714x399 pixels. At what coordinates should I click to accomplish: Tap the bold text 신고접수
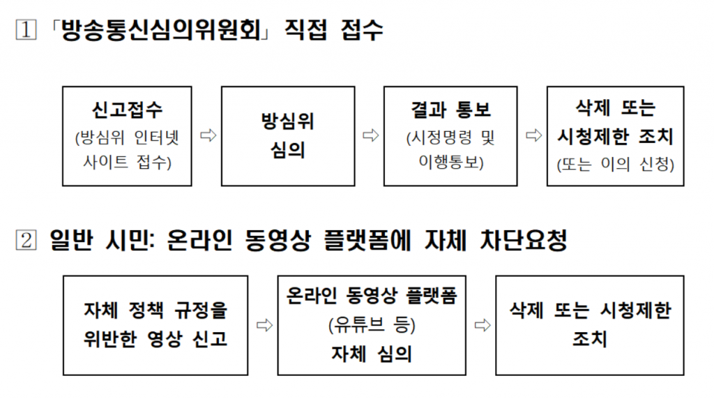127,110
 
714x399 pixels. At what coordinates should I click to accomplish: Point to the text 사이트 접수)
127,163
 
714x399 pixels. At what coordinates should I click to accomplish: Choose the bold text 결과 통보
450,110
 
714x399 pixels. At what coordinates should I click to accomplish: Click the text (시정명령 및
450,137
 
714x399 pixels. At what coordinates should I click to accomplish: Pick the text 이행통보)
450,163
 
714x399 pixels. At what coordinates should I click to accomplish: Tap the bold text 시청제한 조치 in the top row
616,137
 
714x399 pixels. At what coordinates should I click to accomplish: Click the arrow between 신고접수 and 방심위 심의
207,136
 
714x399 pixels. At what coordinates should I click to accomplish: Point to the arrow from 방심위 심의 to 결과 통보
370,136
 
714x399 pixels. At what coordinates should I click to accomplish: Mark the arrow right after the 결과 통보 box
533,136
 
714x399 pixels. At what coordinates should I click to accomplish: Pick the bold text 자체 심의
371,354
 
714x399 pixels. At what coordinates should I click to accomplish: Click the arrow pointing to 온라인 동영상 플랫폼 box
263,324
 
